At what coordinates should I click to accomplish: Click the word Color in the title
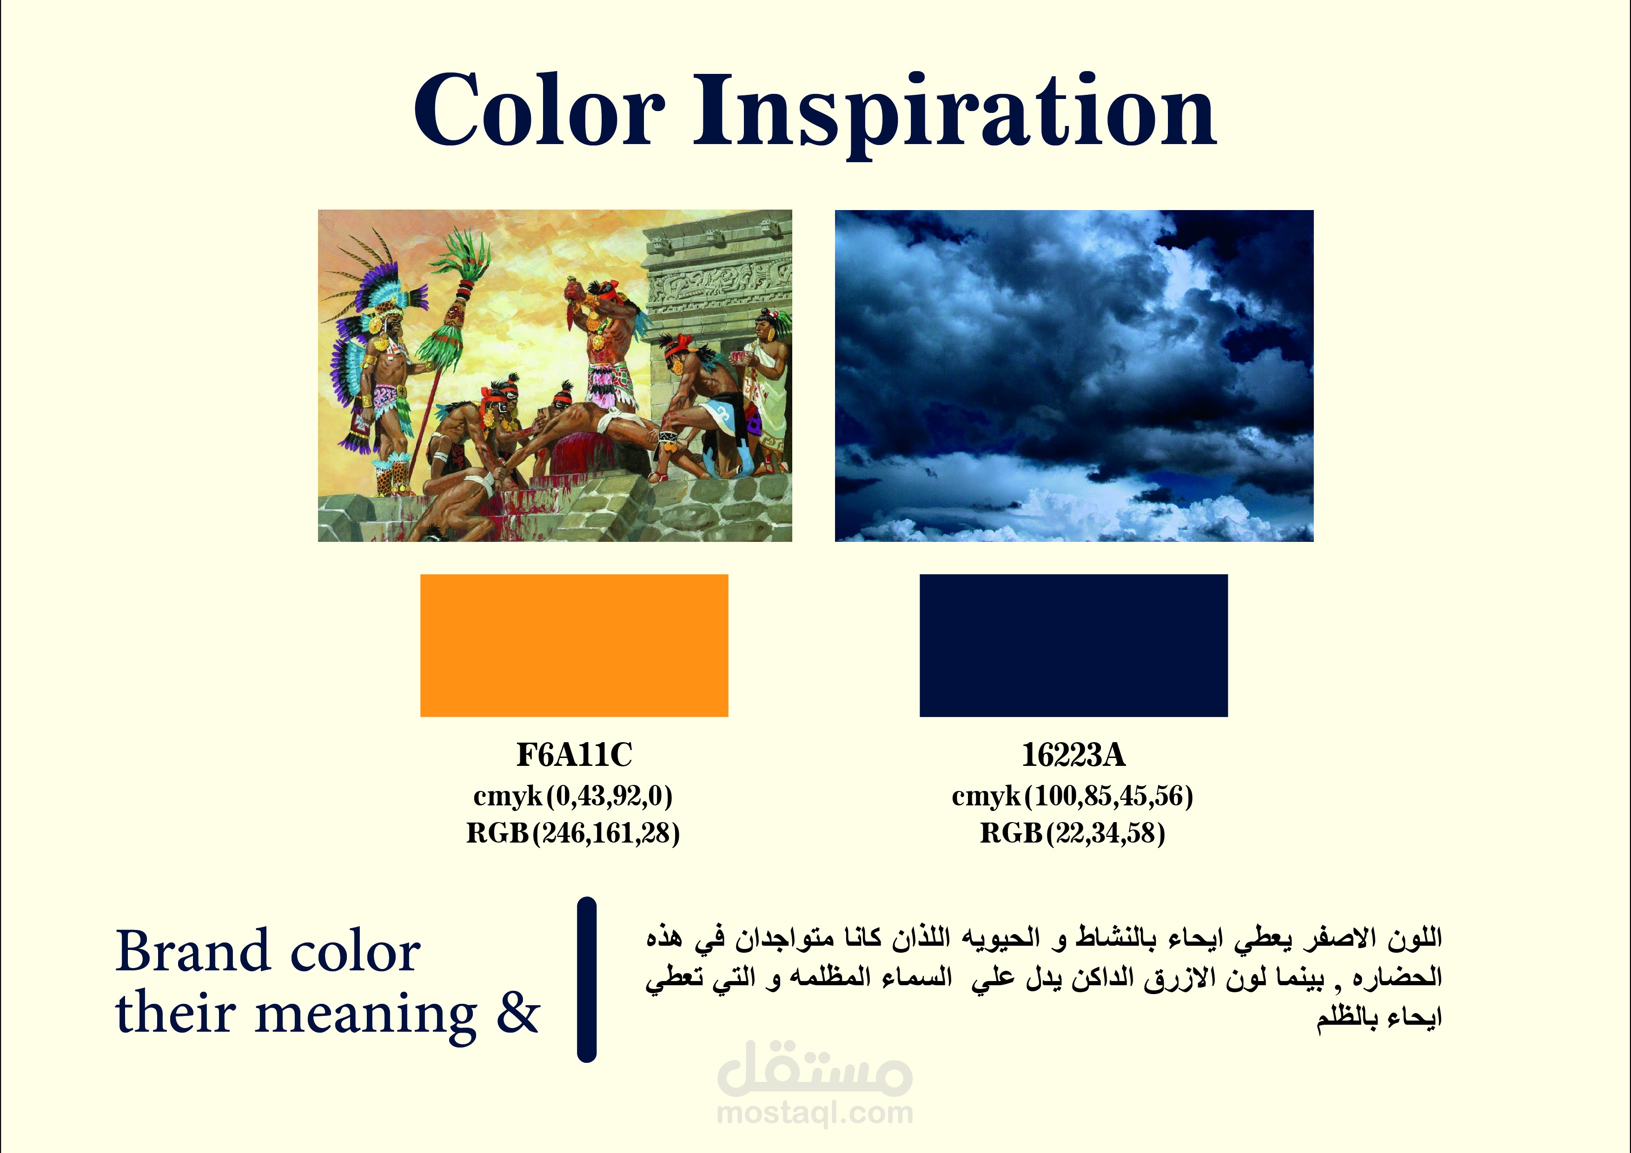[x=539, y=111]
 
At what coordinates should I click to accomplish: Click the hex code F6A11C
[x=574, y=755]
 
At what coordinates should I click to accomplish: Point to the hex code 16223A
[x=1074, y=755]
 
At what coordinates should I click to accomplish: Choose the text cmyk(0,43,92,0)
[x=572, y=797]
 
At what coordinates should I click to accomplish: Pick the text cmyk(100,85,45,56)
[x=1073, y=797]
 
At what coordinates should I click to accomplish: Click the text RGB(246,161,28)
[x=572, y=833]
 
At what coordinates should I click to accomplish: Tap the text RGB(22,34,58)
[x=1073, y=833]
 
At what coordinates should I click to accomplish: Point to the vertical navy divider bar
[x=587, y=980]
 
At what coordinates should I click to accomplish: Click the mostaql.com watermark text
[x=815, y=1113]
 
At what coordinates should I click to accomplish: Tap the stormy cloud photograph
[x=1074, y=376]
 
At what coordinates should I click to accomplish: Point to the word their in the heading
[x=175, y=1013]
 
